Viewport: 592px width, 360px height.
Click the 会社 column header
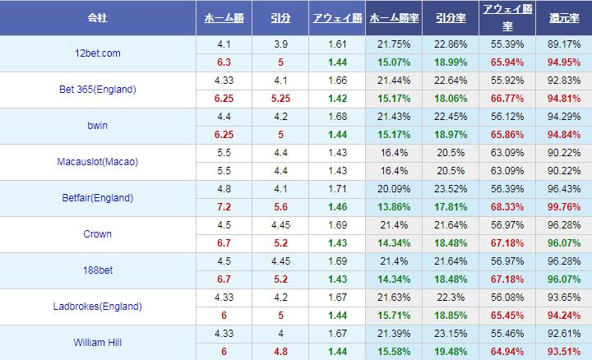pos(97,17)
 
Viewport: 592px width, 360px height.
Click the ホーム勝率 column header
pos(392,17)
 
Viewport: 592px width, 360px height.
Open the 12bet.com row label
pos(97,53)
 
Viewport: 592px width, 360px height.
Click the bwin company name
pos(97,126)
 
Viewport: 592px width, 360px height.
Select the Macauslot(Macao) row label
pos(97,162)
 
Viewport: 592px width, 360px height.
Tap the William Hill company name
pos(97,342)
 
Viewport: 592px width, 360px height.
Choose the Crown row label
pos(97,234)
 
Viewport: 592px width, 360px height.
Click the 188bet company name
pos(97,270)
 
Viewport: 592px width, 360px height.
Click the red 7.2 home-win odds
pos(222,207)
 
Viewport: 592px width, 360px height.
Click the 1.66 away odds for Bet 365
pos(335,81)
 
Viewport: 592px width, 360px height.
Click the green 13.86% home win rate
pos(392,207)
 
